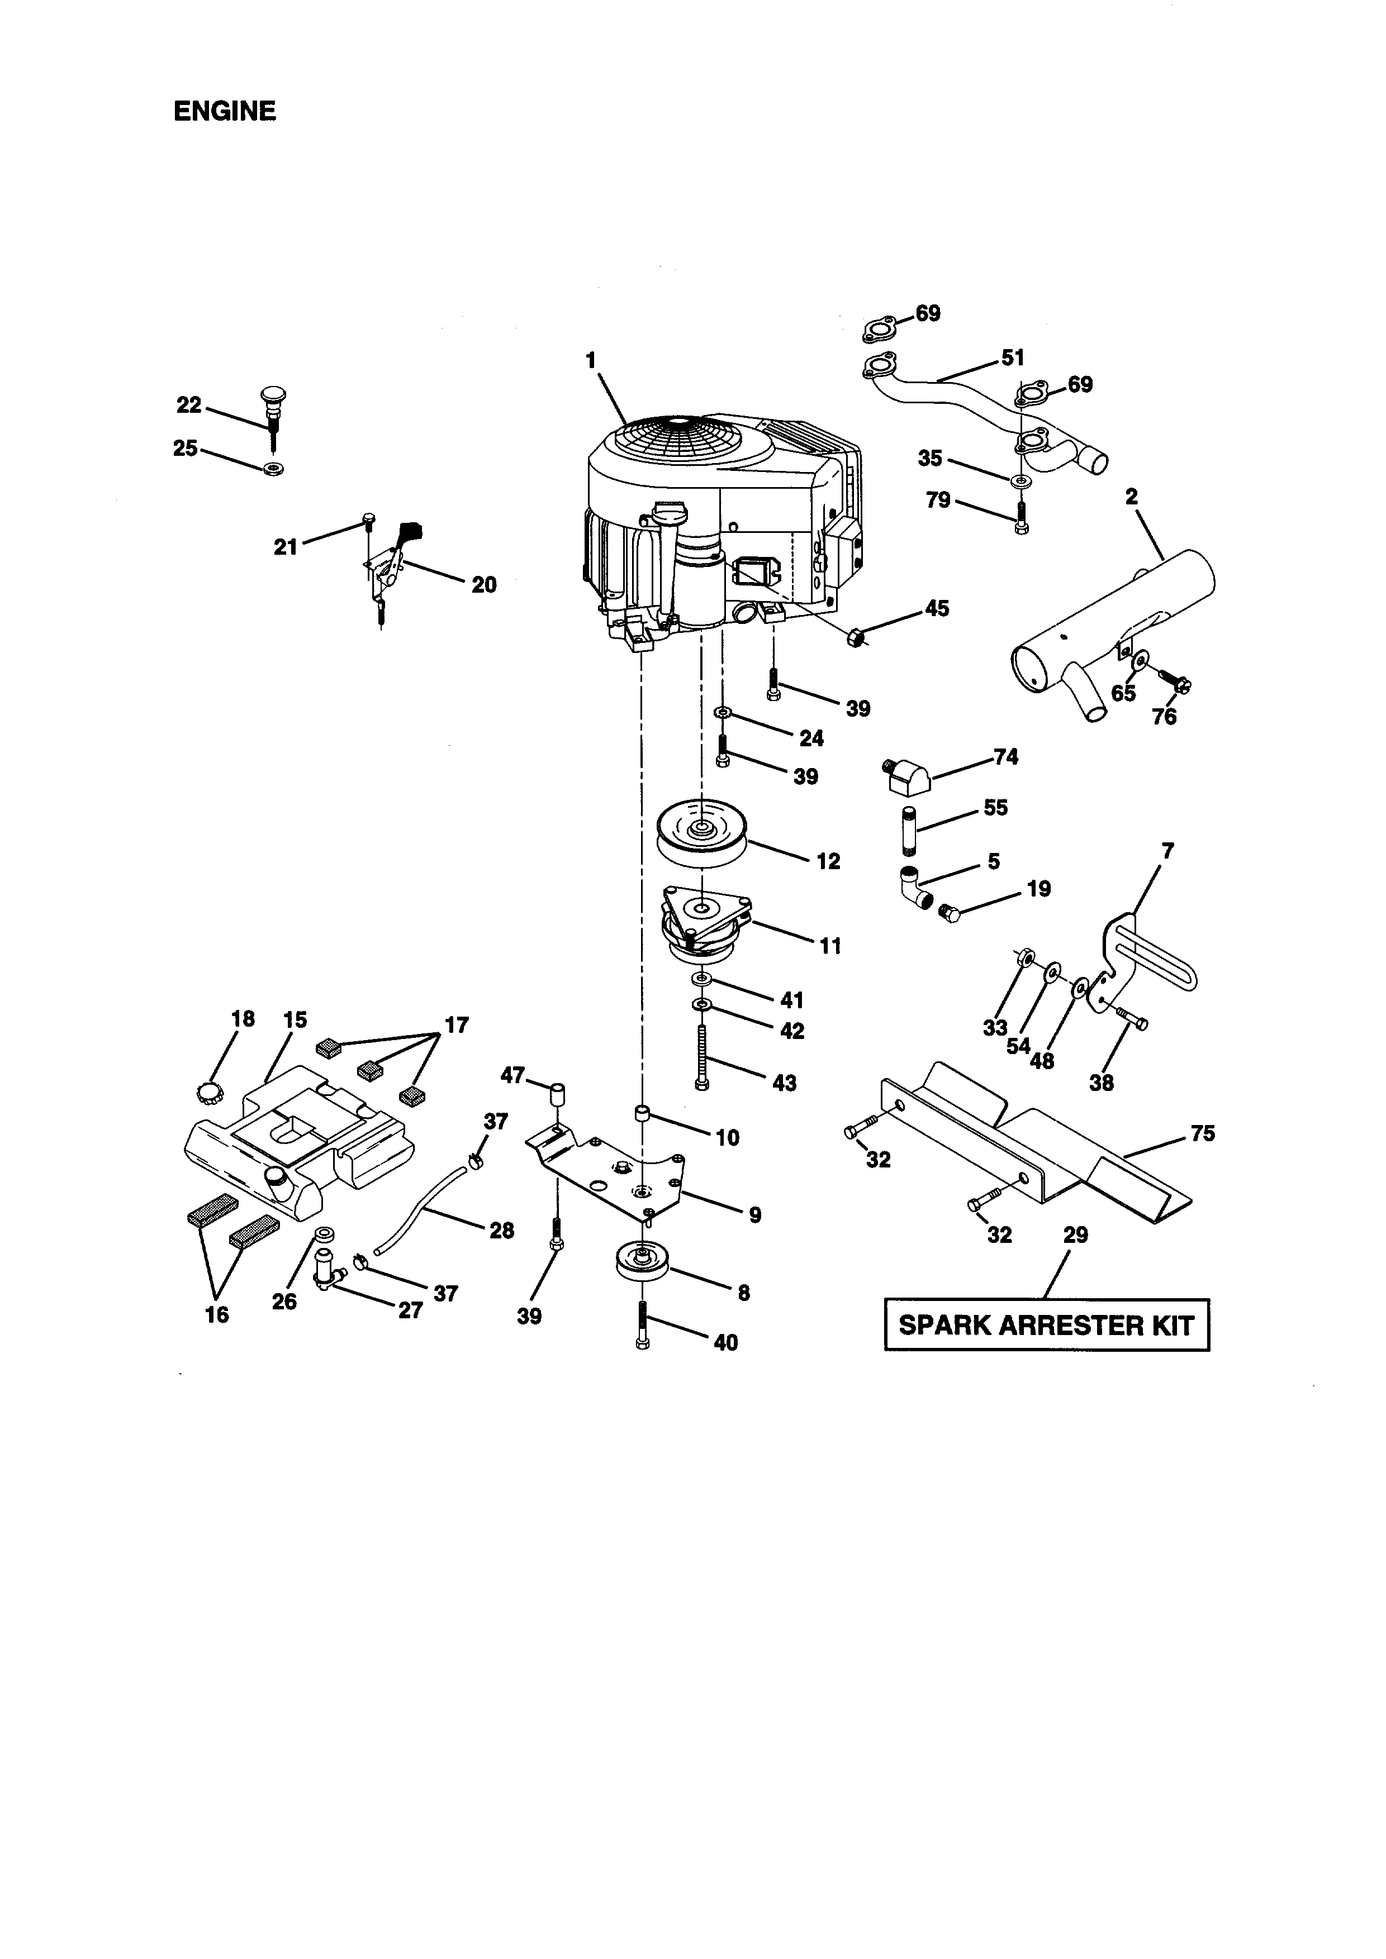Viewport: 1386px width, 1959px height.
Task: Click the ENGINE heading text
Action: coord(225,112)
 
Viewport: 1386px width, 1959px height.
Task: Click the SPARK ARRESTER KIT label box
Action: coord(1046,1325)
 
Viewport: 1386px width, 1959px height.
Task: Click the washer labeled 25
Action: coord(273,469)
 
